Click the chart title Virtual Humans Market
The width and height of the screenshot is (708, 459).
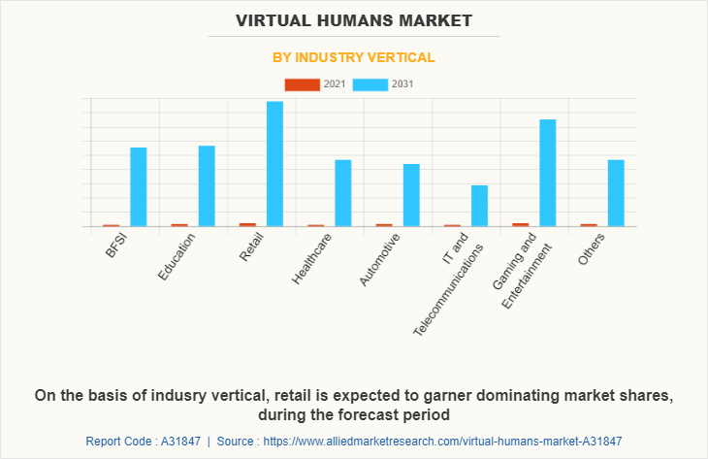click(353, 19)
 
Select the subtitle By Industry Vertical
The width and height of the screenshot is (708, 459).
click(353, 57)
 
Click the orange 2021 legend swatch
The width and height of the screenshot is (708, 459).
click(302, 84)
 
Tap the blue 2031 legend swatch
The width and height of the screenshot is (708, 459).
click(370, 84)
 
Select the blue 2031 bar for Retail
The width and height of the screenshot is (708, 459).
click(274, 164)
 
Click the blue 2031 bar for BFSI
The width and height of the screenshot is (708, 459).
click(138, 186)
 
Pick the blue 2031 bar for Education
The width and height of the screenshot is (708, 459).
click(207, 185)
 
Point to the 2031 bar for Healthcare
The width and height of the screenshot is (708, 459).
click(342, 193)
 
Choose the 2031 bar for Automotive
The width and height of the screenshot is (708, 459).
click(411, 195)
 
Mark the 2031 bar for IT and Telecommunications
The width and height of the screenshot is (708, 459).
click(479, 206)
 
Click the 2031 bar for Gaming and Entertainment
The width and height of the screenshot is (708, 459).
click(548, 173)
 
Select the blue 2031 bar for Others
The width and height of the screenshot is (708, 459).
click(616, 193)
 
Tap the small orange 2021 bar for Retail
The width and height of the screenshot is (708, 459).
click(248, 224)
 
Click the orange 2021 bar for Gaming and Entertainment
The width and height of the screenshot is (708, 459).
click(521, 224)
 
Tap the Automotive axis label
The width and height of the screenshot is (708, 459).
click(379, 259)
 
